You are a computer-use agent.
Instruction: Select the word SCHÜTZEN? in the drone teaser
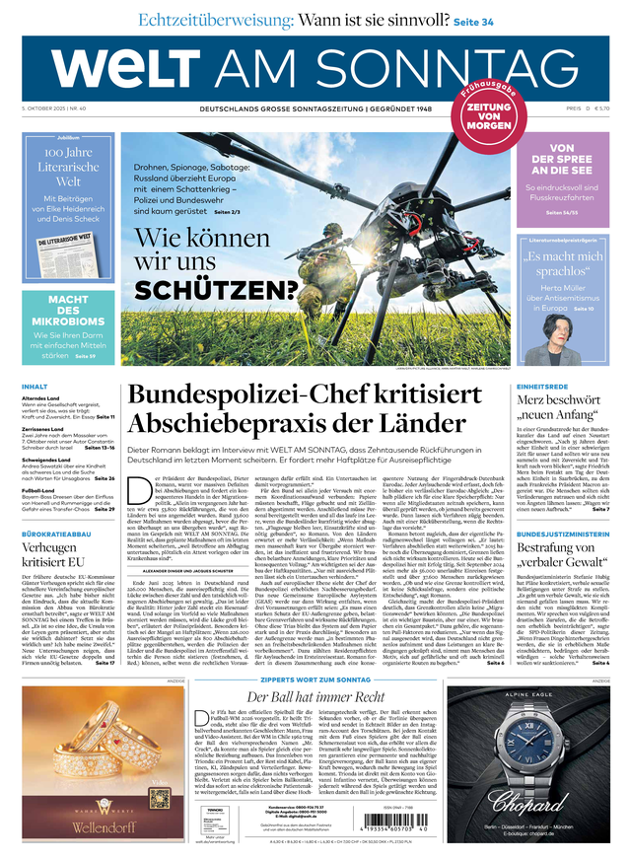(216, 289)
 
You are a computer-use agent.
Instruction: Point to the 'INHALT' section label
(35, 387)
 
